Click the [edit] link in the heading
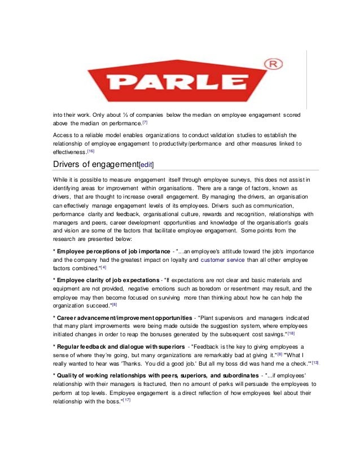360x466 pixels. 142,164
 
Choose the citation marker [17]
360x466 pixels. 127,400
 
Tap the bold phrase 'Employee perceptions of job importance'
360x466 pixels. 113,250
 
